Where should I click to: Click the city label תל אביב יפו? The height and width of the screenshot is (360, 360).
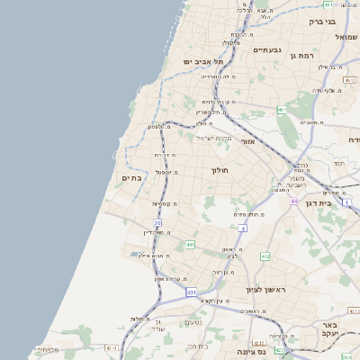pos(200,61)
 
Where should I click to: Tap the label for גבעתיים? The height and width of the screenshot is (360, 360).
pos(267,50)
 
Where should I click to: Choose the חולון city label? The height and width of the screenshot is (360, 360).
pos(220,170)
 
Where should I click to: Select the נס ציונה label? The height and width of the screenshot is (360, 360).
pos(274,353)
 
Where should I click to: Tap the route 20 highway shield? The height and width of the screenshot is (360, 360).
pos(157,222)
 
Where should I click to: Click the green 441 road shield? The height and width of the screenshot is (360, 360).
pos(190,244)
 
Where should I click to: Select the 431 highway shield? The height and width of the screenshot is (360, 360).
pos(192,292)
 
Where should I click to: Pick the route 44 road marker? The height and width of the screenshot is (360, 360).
pos(293,201)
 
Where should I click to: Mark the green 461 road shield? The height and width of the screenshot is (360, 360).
pos(282,110)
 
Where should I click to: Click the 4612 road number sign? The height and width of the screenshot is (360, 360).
pos(265,256)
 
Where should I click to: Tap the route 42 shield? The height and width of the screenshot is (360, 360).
pos(109,346)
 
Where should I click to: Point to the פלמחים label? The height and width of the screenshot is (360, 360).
pos(47,349)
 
